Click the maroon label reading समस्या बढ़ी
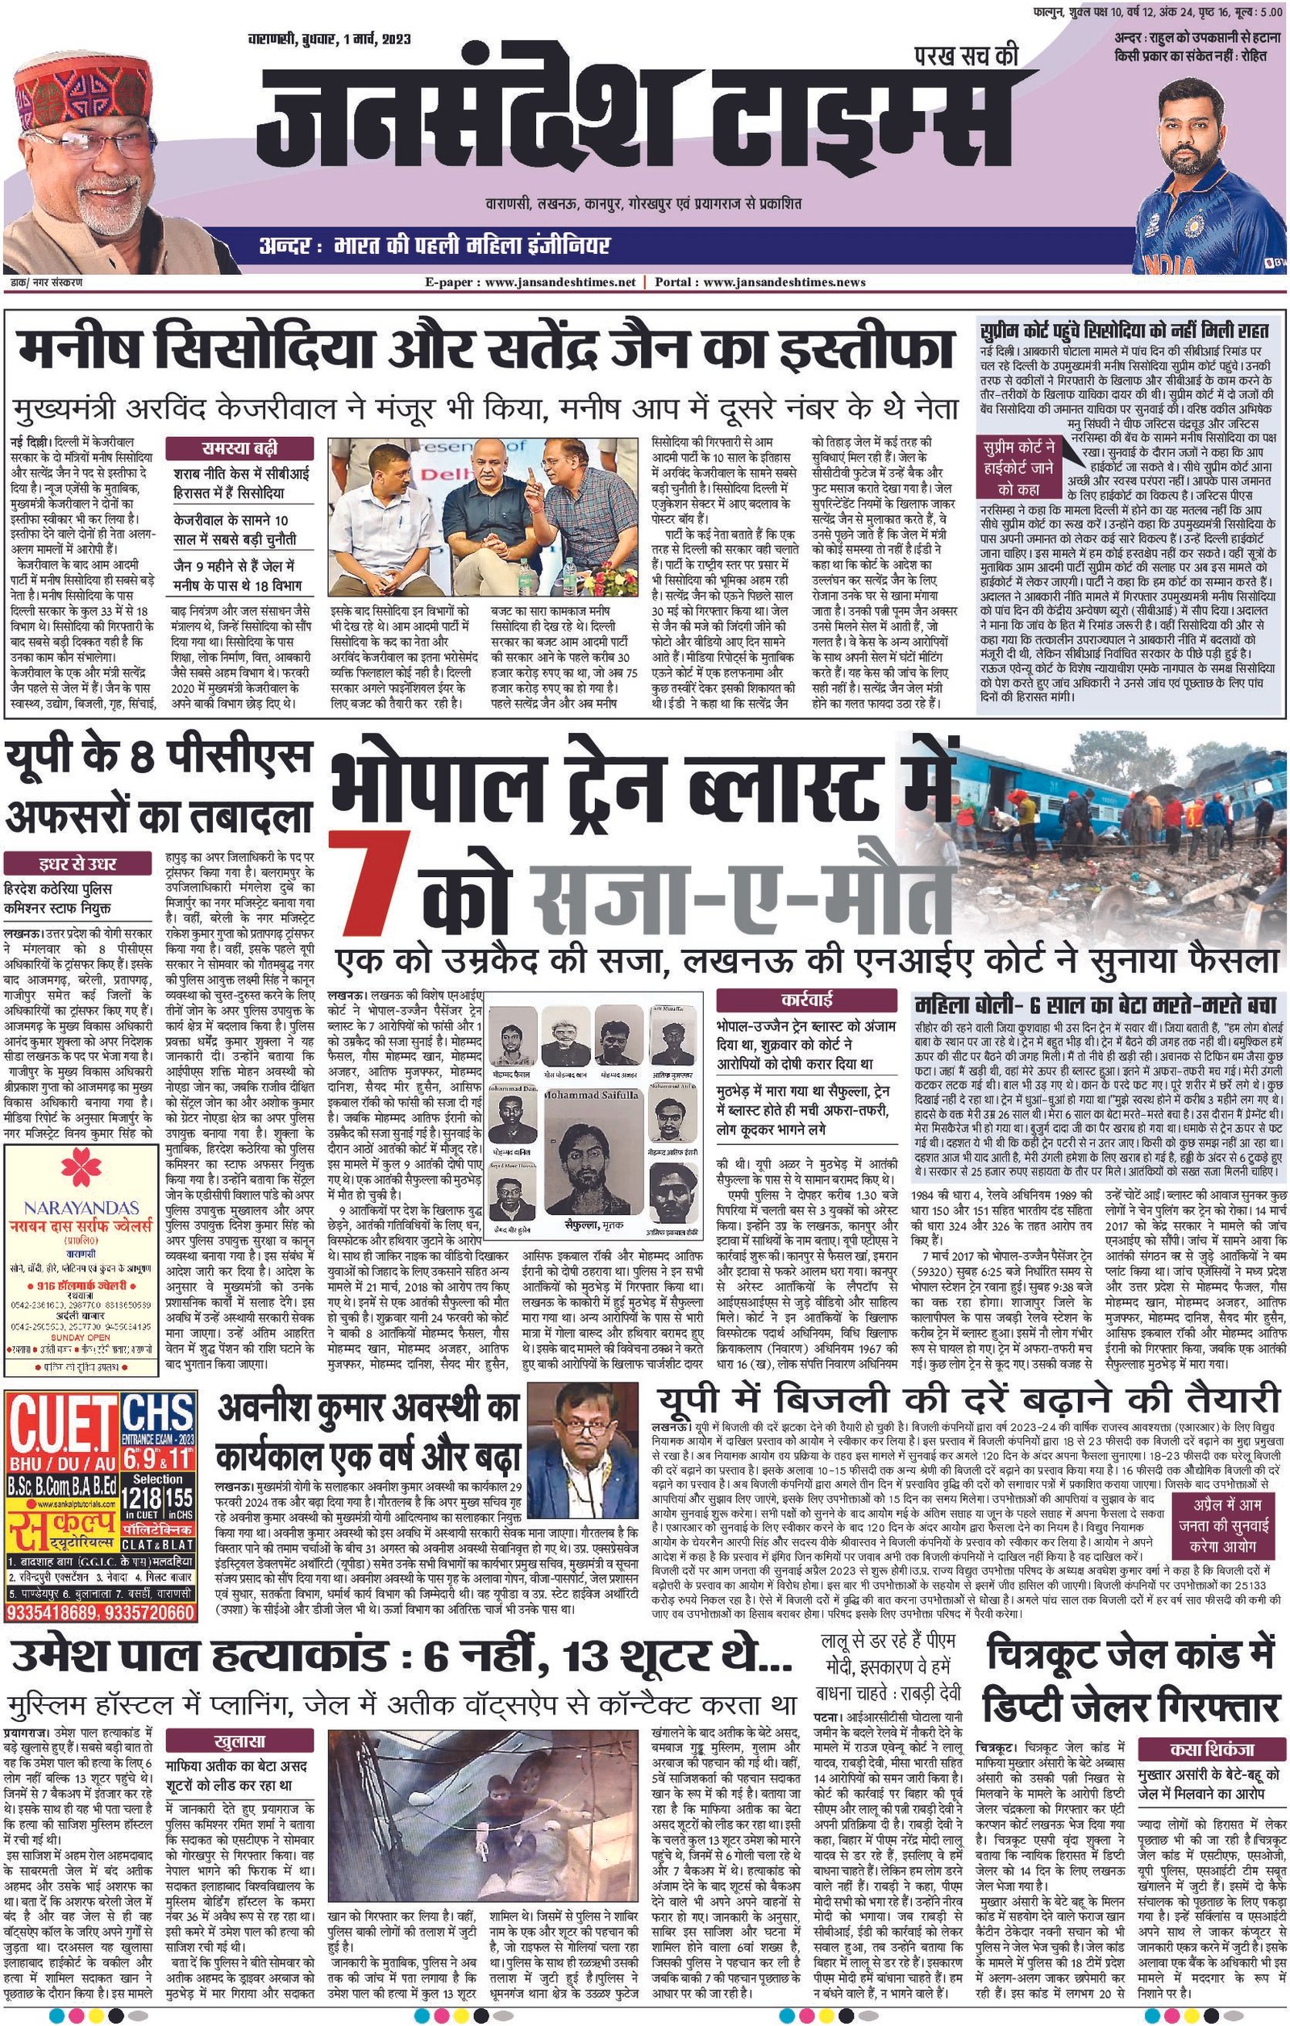[x=243, y=448]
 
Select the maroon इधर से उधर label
[x=77, y=864]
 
